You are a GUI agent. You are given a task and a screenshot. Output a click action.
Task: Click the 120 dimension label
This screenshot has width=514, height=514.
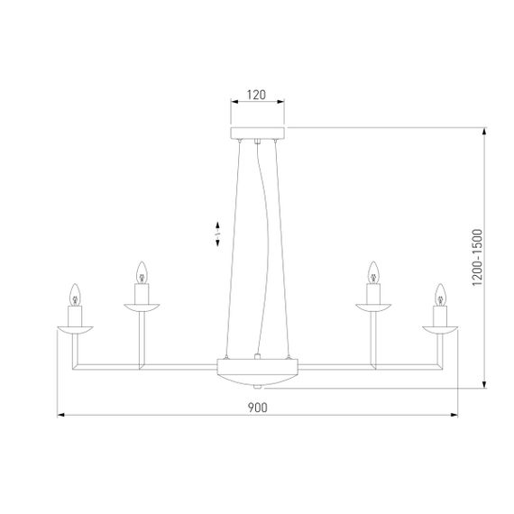pyautogui.click(x=257, y=93)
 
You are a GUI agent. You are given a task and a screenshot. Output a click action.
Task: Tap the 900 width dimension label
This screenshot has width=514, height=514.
pyautogui.click(x=256, y=407)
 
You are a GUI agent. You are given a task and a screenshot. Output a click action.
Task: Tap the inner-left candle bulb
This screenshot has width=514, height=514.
pyautogui.click(x=141, y=271)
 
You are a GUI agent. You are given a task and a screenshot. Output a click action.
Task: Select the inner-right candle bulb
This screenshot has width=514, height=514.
pyautogui.click(x=373, y=271)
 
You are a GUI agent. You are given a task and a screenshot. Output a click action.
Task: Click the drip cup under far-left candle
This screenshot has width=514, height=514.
pyautogui.click(x=76, y=328)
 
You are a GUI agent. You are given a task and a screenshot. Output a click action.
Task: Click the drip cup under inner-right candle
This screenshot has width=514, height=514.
pyautogui.click(x=373, y=307)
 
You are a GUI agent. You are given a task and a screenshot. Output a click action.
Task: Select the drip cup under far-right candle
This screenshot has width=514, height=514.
pyautogui.click(x=439, y=328)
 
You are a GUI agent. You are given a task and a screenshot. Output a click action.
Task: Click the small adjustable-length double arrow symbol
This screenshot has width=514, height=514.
pyautogui.click(x=217, y=235)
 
